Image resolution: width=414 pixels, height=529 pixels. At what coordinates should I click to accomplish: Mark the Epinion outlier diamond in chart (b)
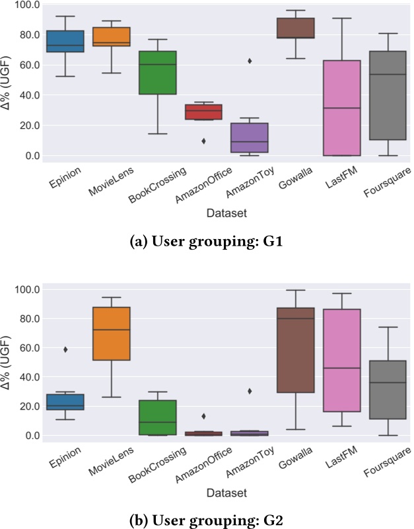[x=65, y=349]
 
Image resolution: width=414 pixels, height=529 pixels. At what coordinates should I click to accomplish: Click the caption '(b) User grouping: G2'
[x=206, y=518]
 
